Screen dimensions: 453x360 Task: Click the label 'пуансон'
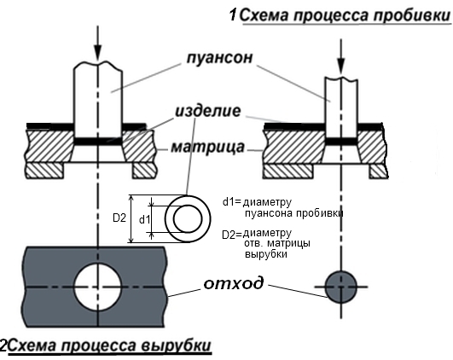[x=219, y=58]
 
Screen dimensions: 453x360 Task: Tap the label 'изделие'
[x=208, y=111]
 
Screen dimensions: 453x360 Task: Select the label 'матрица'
[x=208, y=148]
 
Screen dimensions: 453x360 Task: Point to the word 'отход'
[x=234, y=284]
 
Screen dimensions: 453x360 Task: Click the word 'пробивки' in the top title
[x=410, y=15]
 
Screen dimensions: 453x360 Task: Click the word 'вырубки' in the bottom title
[x=176, y=345]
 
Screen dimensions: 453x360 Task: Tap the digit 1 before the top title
[x=233, y=15]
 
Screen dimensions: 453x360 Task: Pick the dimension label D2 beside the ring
[x=119, y=218]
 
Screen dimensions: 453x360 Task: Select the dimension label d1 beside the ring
[x=145, y=220]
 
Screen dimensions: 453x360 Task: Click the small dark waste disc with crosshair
[x=341, y=287]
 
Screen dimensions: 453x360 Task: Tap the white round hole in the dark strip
[x=97, y=287]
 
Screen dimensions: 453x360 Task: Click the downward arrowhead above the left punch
[x=98, y=53]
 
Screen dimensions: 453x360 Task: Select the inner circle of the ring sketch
[x=174, y=218]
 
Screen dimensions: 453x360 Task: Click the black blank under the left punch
[x=97, y=142]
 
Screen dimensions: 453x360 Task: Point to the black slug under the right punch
[x=341, y=141]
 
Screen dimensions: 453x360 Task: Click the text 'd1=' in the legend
[x=231, y=202]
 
